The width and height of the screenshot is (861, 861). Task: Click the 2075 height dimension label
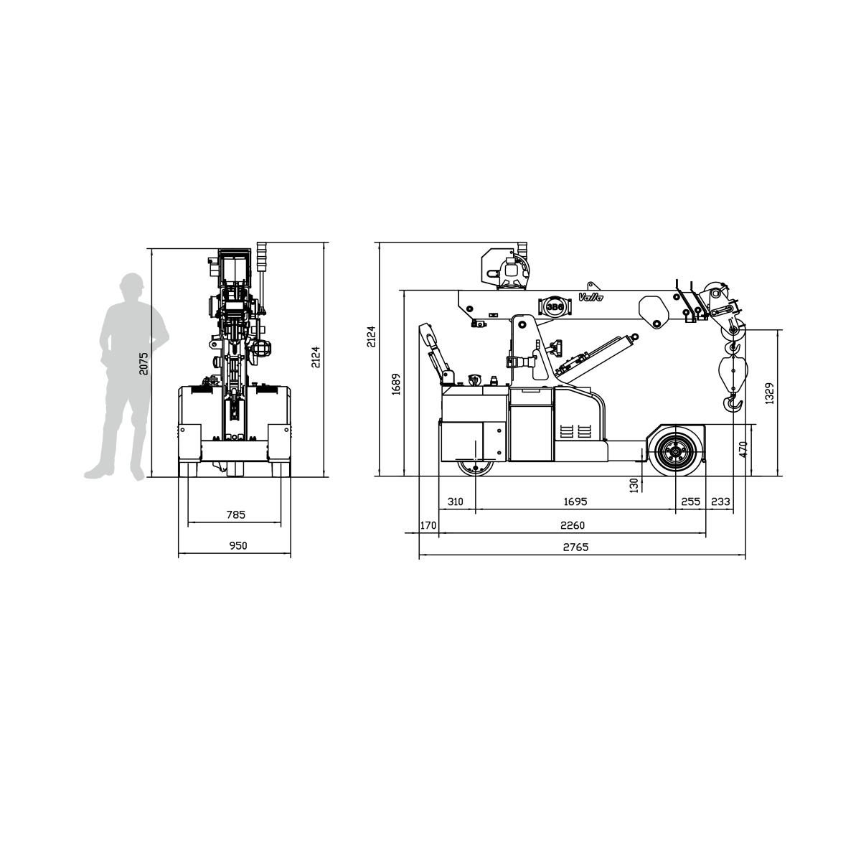pos(143,363)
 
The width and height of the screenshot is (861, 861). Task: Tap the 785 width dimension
pos(236,514)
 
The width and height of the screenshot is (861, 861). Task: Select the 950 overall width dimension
pos(238,545)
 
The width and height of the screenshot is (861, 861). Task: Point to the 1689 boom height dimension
pos(396,384)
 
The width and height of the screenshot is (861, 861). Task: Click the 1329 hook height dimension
pos(769,394)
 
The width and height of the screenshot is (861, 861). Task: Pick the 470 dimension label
pos(743,449)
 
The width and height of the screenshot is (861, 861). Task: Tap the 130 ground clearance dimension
pos(634,485)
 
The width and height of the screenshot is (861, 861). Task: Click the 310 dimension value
pos(456,502)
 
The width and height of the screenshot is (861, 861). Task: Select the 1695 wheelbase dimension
pos(575,502)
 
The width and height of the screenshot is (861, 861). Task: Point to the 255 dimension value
pos(691,502)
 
